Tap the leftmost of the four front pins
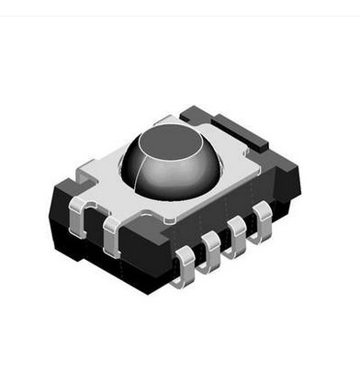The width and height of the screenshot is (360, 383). pos(185,264)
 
